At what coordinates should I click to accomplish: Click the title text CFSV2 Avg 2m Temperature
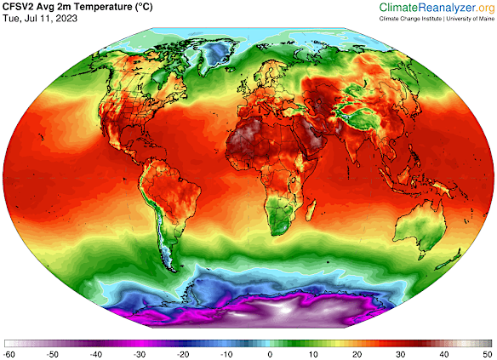point(77,8)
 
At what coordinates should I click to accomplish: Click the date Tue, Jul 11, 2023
point(39,20)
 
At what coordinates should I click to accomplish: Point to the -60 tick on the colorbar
point(10,351)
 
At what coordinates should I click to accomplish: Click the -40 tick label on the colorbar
point(97,351)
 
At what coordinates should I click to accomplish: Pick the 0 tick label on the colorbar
point(271,351)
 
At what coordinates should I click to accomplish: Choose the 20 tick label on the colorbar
point(357,351)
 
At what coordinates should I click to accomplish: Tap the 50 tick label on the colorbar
point(487,351)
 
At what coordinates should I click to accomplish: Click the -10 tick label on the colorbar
point(227,351)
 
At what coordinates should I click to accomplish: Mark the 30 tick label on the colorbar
point(401,351)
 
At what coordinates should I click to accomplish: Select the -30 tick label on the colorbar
point(140,351)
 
